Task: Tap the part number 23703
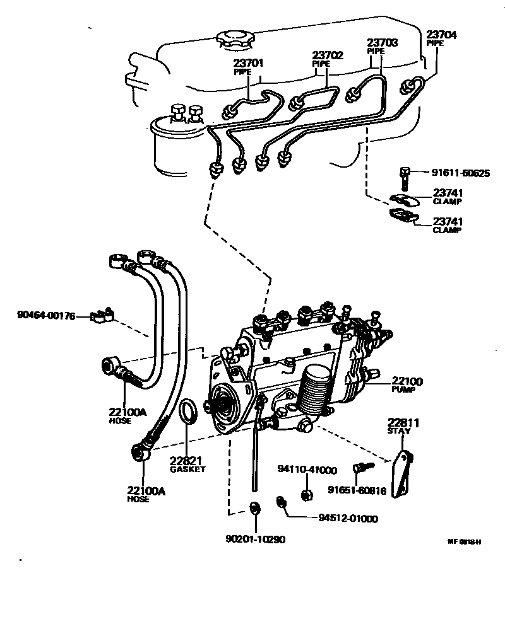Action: (x=383, y=43)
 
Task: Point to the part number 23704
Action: (x=441, y=35)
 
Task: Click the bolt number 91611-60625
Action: (x=452, y=173)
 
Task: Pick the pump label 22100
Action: (x=407, y=381)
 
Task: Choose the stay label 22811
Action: (x=403, y=422)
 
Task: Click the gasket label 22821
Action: (x=187, y=460)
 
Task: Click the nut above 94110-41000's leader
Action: (x=306, y=494)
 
